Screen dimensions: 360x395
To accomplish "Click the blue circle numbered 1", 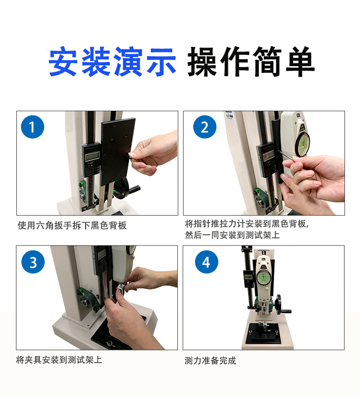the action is click(32, 127).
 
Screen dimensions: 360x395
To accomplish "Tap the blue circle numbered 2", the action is click(205, 127).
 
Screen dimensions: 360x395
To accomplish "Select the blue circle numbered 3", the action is click(33, 262).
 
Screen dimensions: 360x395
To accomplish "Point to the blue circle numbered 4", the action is click(206, 262).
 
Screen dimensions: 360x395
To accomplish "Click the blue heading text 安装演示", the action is click(112, 62).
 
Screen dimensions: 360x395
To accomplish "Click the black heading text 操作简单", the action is click(251, 62).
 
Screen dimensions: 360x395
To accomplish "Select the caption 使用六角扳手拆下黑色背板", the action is click(72, 225).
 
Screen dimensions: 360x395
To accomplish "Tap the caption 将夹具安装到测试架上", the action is click(59, 360).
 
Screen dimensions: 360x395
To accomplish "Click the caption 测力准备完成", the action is click(210, 360).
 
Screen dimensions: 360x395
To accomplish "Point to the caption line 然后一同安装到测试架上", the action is click(232, 235).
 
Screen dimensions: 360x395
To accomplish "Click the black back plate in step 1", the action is click(118, 151).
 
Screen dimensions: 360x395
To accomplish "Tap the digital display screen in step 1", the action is click(92, 157).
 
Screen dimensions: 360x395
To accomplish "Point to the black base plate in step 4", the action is click(263, 333).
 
